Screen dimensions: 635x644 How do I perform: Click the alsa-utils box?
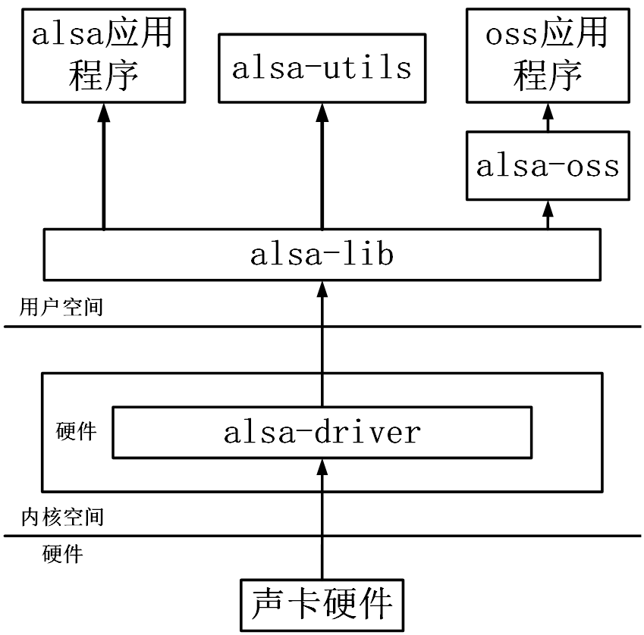(x=322, y=68)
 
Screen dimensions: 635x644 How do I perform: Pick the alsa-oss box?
(x=548, y=166)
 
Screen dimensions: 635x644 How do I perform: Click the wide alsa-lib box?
(x=322, y=255)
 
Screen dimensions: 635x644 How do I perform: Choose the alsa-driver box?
(x=322, y=433)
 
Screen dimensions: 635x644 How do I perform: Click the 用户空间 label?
(x=62, y=308)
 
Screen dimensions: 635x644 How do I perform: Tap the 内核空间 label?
(x=62, y=518)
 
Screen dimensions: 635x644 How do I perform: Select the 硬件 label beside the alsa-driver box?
(x=77, y=432)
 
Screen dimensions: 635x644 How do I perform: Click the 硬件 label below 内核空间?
(x=62, y=555)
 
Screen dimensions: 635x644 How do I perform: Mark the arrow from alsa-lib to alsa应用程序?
(x=104, y=167)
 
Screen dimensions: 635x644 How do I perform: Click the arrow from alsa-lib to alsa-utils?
(x=322, y=167)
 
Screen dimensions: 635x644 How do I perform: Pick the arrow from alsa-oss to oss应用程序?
(x=548, y=117)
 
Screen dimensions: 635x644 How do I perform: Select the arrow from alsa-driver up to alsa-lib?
(x=322, y=341)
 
